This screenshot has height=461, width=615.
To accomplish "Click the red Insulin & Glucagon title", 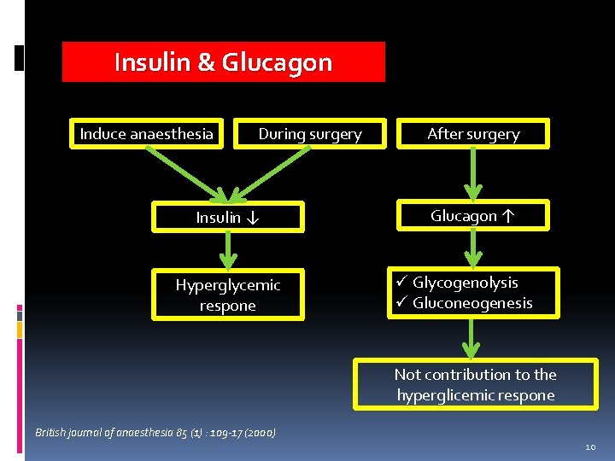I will [223, 62].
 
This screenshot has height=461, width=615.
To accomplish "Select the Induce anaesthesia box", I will [147, 134].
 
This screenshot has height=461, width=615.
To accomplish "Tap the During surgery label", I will [310, 134].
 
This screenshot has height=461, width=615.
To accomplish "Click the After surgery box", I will [473, 134].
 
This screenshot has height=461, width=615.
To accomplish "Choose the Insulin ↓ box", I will [228, 218].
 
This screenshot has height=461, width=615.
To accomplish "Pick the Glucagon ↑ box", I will [473, 216].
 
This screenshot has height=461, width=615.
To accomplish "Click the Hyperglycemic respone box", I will [228, 295].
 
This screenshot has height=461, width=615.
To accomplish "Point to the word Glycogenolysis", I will [466, 283].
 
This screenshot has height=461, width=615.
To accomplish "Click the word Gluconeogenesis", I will [472, 303].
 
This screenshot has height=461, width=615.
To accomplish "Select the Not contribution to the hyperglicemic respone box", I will [475, 385].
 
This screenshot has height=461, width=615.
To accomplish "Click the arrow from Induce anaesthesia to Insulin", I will [182, 172].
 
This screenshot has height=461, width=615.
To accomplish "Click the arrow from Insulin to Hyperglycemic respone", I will [228, 250].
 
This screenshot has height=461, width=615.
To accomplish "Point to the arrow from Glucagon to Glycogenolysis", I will [473, 248].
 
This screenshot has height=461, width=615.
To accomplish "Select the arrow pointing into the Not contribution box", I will [470, 339].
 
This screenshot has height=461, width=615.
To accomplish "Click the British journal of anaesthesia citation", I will [155, 433].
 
